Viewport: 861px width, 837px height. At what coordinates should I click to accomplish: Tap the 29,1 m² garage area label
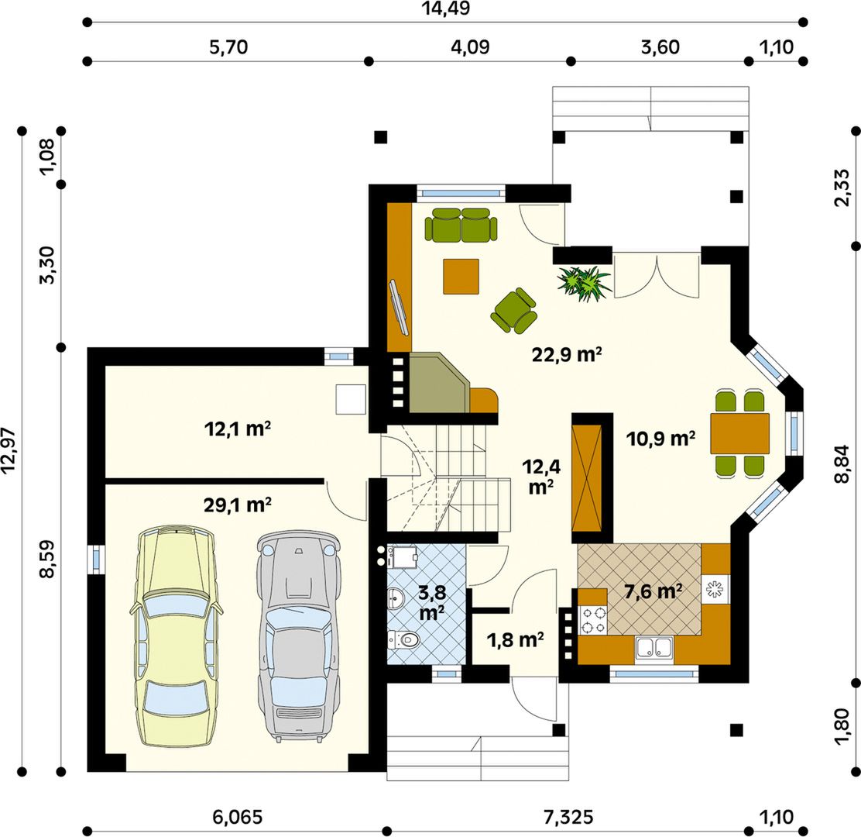pos(237,505)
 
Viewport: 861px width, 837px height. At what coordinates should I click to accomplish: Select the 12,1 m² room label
pos(237,428)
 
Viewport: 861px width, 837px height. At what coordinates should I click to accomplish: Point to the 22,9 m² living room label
pos(567,354)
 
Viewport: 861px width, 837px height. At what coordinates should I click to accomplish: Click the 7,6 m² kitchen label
pos(653,591)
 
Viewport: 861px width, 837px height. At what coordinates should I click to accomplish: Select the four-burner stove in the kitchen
pos(593,620)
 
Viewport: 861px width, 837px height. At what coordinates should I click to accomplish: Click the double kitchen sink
pos(654,648)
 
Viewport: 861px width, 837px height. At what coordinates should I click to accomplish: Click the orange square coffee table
pos(461,276)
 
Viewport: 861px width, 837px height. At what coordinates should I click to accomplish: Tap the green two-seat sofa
pos(461,225)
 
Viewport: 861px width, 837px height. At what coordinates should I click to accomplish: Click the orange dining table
pos(739,434)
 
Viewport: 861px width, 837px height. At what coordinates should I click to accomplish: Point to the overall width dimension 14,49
pos(445,9)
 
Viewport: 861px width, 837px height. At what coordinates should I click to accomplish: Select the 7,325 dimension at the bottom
pos(568,817)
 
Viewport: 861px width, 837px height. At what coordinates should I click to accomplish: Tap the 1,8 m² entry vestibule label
pos(515,639)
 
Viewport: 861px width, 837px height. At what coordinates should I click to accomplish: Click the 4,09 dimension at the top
pos(470,46)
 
